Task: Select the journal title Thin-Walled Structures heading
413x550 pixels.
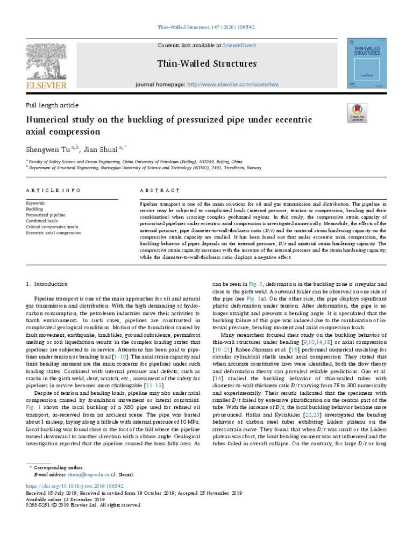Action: point(207,64)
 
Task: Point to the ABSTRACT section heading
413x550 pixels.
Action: point(160,191)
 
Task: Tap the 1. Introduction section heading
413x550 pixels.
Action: point(47,284)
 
